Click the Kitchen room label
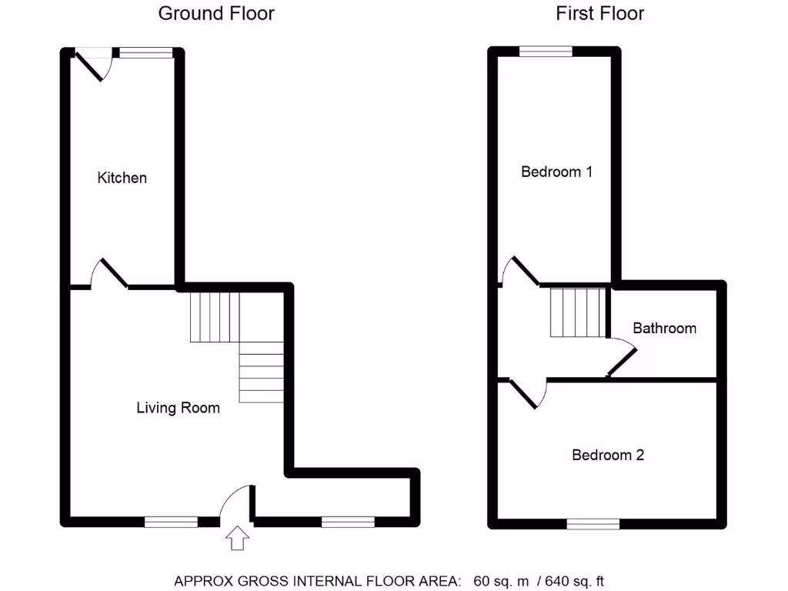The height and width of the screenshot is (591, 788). [x=122, y=178]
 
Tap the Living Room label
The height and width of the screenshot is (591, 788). [x=178, y=408]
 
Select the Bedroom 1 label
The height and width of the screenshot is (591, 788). [x=556, y=172]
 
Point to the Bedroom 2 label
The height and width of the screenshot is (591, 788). [x=608, y=455]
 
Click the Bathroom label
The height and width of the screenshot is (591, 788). [x=664, y=328]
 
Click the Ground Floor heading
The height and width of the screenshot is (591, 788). [x=216, y=13]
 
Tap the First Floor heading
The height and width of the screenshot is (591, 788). [x=600, y=13]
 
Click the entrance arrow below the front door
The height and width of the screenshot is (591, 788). [x=236, y=538]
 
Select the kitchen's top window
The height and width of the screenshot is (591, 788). [x=146, y=52]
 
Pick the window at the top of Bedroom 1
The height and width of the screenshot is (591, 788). [x=546, y=52]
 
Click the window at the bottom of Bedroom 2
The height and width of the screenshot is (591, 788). [x=593, y=523]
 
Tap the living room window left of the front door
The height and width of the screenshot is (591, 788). [x=171, y=522]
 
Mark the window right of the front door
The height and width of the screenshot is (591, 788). [x=348, y=522]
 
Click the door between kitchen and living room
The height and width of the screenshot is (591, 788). [x=109, y=274]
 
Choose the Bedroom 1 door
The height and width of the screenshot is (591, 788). [x=519, y=271]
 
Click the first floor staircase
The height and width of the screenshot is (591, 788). [x=577, y=312]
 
